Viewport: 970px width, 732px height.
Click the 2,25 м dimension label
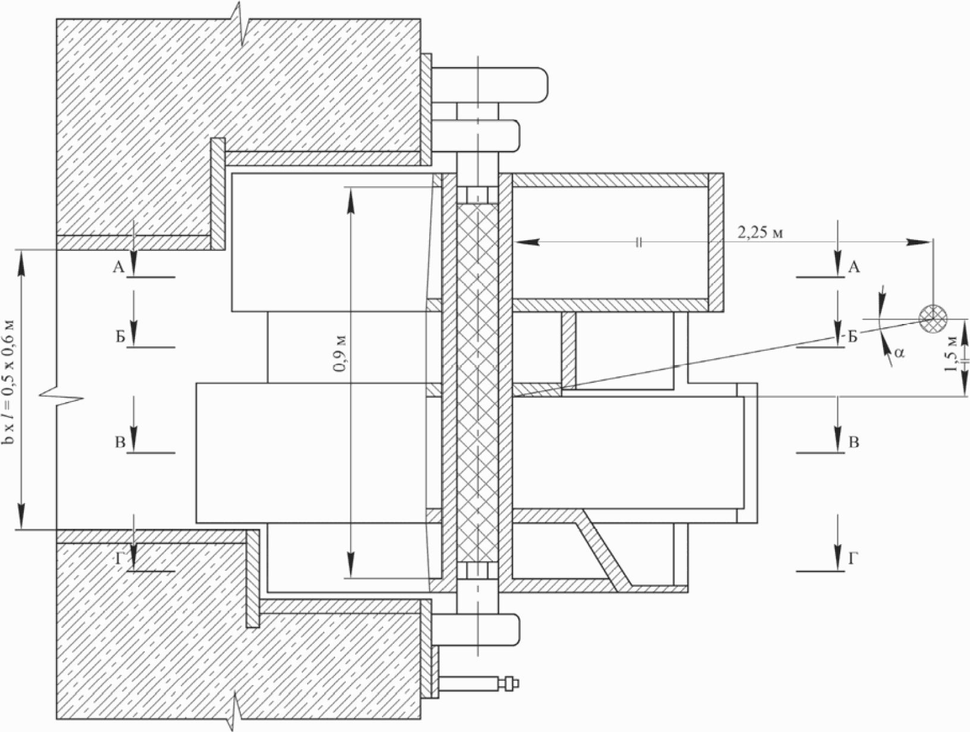(x=760, y=233)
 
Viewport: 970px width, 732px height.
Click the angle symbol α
(x=899, y=352)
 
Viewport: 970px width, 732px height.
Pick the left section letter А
(x=118, y=268)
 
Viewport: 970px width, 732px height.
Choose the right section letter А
(x=853, y=268)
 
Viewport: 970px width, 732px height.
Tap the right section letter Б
(x=853, y=338)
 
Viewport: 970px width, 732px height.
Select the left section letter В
(x=119, y=443)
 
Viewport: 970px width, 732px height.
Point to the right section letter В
(x=853, y=443)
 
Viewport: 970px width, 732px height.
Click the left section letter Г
(x=120, y=559)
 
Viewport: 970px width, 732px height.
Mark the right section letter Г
(x=853, y=559)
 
